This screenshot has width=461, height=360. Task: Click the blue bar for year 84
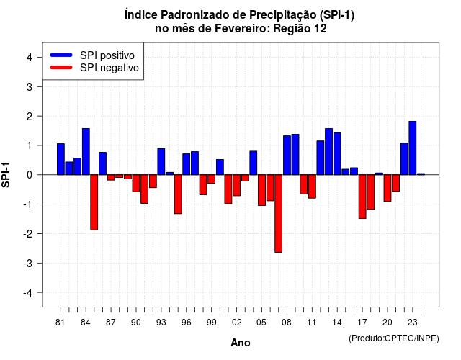86,152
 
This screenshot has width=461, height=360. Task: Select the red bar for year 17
362,197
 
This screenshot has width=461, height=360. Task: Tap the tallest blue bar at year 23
413,148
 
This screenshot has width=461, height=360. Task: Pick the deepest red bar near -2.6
279,214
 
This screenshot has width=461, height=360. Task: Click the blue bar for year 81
61,159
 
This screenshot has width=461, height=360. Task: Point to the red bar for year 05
261,190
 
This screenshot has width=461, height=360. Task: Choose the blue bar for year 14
337,153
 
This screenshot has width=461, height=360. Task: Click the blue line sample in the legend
61,55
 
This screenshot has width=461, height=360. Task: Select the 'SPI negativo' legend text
109,68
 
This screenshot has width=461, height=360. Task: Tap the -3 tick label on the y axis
27,264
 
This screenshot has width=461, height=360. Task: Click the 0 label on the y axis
30,175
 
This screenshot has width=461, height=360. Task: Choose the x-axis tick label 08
287,323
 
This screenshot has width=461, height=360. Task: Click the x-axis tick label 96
186,323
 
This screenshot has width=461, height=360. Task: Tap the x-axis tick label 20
388,323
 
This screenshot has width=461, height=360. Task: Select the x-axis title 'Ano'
241,343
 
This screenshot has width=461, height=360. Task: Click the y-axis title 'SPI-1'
6,175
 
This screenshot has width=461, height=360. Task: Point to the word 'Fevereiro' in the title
242,29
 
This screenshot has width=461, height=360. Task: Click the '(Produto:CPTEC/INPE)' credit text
394,338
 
